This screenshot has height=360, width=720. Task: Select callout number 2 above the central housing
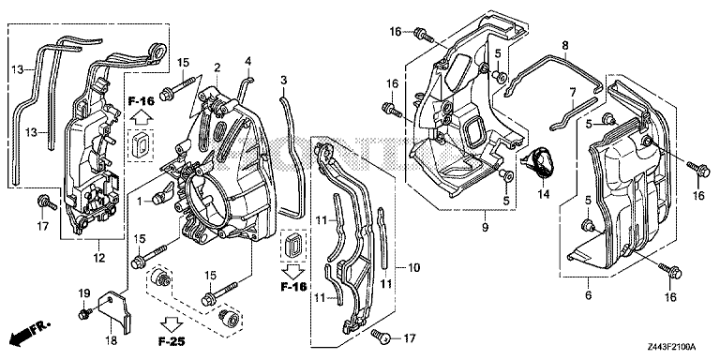(x=217, y=67)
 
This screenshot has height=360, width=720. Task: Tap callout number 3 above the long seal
(x=284, y=80)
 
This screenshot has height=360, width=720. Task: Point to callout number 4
(x=247, y=60)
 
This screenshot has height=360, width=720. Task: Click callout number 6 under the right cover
(x=588, y=295)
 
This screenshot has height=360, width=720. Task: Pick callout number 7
(x=573, y=93)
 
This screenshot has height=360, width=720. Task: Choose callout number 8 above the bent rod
(x=565, y=45)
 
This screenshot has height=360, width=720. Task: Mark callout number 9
(x=486, y=227)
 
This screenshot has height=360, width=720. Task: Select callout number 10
(x=413, y=267)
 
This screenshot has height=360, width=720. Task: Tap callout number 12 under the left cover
(x=99, y=258)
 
